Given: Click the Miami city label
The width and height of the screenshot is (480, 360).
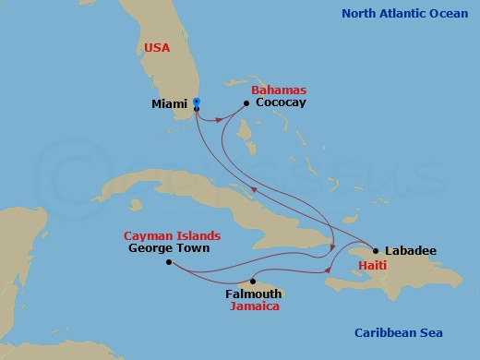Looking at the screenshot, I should tap(168, 104).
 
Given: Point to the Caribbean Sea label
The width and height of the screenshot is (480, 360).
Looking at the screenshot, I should tap(399, 333).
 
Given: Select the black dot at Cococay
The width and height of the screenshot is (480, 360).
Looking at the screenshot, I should tap(246, 103).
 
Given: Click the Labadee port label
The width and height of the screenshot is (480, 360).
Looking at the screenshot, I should tap(412, 250).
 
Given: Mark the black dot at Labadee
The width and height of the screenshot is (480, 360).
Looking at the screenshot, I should tap(375, 250).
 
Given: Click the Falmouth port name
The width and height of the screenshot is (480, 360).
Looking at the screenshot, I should tap(254, 294).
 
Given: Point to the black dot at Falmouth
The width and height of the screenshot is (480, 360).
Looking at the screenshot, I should tap(252, 282).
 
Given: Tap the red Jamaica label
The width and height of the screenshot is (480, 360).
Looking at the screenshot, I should tap(255, 306).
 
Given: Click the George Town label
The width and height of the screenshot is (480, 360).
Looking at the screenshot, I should tap(169, 248).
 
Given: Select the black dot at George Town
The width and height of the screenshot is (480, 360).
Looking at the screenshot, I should tap(168, 262).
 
